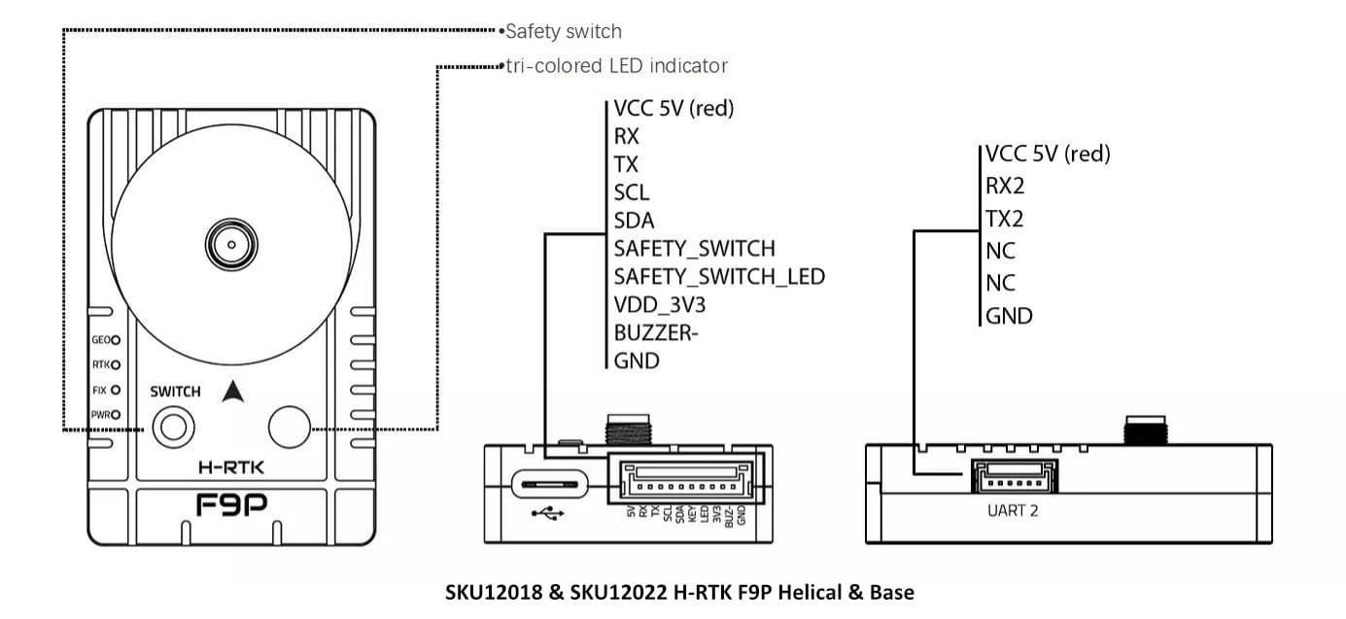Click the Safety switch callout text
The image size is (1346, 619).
pos(563,32)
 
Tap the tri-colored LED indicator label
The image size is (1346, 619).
pos(616,66)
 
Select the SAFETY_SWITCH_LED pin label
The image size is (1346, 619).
pos(719,277)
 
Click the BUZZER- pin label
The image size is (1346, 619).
pos(656,333)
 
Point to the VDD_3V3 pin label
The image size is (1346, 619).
pos(660,305)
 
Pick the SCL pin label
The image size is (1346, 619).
pos(632,192)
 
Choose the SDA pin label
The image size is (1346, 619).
pos(634,221)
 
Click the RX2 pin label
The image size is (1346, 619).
pos(1005,186)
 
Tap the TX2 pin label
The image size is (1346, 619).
pos(1005,219)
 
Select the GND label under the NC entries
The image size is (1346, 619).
pos(1009,316)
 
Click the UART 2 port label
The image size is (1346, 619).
pos(1011,510)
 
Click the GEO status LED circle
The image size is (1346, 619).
pos(116,340)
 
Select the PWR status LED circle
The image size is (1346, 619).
pos(116,415)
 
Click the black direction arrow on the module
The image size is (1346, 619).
pos(231,391)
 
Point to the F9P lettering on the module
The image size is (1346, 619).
pos(231,506)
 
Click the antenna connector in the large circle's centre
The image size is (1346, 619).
pos(230,242)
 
